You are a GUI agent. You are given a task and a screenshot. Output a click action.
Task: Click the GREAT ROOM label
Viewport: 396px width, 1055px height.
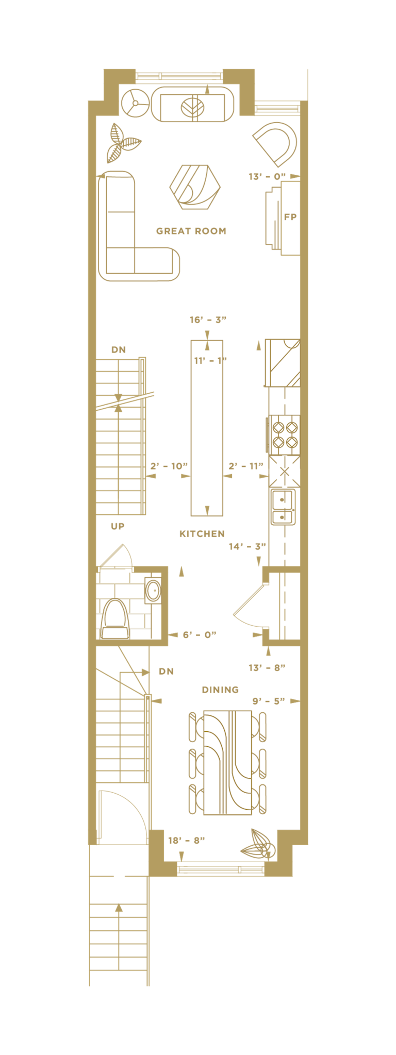coord(191,231)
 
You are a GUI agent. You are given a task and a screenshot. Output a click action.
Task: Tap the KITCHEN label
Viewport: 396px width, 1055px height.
coord(202,534)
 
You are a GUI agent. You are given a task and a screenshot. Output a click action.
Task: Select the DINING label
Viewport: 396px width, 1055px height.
coord(220,690)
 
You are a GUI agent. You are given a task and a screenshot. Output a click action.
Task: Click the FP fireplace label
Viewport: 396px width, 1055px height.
coord(290,217)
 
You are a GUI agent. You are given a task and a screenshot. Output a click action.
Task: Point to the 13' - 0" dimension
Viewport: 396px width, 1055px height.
coord(267,177)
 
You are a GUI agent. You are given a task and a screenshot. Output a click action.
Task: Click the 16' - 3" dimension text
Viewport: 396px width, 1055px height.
coord(208,320)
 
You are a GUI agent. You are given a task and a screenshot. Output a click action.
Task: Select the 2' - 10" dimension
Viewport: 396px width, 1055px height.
coord(169,466)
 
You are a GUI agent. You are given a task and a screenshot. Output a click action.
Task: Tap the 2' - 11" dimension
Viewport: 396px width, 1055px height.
coord(246,466)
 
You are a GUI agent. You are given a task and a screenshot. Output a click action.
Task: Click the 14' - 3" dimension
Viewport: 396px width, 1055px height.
coord(247,546)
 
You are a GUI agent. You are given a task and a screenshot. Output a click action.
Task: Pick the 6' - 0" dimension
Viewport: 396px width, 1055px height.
coord(200,635)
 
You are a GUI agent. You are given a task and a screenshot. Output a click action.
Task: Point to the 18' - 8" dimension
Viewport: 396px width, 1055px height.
coord(187,841)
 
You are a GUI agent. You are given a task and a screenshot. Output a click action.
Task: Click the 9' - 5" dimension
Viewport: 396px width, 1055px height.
coord(269,701)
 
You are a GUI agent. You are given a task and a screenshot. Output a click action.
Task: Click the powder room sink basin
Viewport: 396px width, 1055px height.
coord(153,591)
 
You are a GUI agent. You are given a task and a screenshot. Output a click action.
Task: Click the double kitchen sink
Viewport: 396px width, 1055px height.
coord(283,507)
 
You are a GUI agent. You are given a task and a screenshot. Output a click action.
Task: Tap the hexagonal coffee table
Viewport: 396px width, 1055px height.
coord(194,187)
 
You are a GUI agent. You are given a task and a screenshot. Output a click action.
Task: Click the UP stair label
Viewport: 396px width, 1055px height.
coord(118,526)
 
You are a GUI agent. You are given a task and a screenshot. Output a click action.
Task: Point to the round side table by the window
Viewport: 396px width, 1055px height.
coord(136,103)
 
